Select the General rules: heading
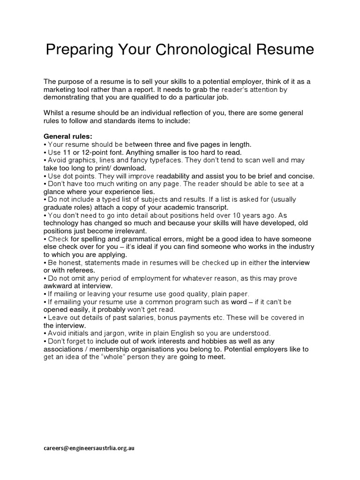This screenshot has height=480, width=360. click(x=65, y=136)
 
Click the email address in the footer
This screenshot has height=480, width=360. click(x=90, y=448)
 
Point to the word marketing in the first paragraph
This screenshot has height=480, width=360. click(x=60, y=89)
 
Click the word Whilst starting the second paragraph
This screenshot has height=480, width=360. click(x=54, y=113)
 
